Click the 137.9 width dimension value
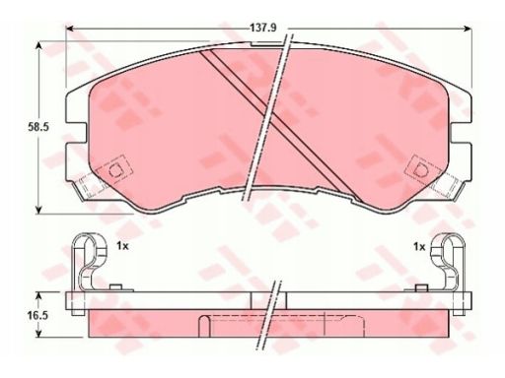click(x=263, y=28)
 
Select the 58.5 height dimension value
click(x=38, y=127)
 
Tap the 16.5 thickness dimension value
click(x=38, y=316)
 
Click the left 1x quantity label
click(x=122, y=246)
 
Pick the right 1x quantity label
click(x=419, y=246)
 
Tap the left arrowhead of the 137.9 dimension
click(x=70, y=29)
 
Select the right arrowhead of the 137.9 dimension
click(x=468, y=29)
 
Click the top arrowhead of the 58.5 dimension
click(x=38, y=45)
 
